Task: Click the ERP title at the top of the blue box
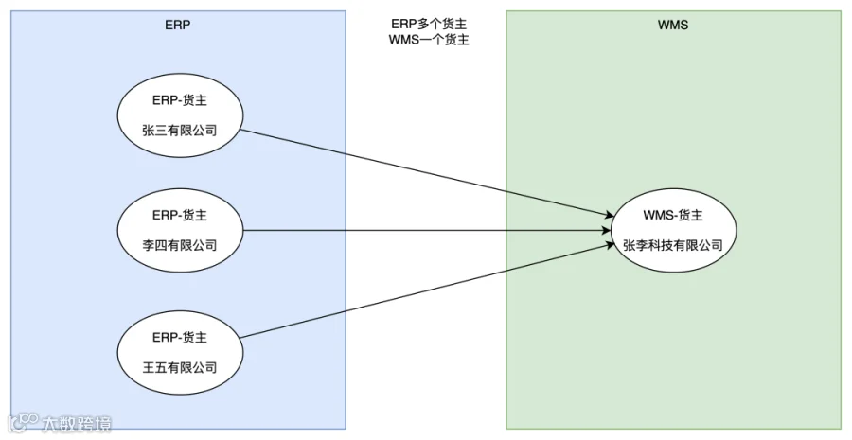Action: tap(178, 25)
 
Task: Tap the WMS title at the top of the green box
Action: tap(673, 25)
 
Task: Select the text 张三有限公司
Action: tap(180, 131)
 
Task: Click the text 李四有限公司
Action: tap(180, 245)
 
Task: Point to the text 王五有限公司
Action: tap(180, 368)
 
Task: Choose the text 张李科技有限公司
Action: tap(673, 245)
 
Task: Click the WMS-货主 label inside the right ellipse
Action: tap(673, 215)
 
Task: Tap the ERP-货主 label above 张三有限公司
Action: tap(180, 100)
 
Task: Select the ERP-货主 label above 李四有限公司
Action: tap(180, 215)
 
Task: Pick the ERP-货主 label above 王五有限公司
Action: tap(180, 337)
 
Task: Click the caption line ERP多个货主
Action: tap(429, 24)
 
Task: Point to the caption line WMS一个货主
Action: tap(429, 40)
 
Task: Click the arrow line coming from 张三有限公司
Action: tap(427, 173)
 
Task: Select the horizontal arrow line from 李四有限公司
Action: tap(427, 230)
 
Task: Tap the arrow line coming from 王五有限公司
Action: tap(427, 291)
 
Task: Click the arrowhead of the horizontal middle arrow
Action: tap(607, 230)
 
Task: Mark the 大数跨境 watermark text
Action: tap(76, 424)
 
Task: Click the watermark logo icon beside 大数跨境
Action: tap(23, 424)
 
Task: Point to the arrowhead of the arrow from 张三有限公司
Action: tap(609, 216)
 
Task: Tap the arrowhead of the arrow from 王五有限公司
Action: tap(610, 245)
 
